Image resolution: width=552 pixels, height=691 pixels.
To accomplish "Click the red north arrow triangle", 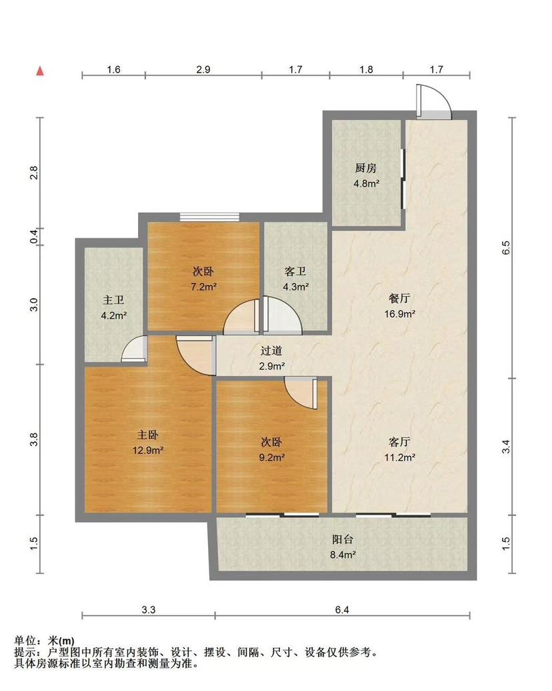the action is (x=40, y=71).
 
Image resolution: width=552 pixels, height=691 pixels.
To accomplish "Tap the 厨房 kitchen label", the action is (x=366, y=168).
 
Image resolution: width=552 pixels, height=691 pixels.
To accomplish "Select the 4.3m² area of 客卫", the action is (x=295, y=287).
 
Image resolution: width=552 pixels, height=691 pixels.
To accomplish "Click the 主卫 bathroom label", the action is (x=113, y=300).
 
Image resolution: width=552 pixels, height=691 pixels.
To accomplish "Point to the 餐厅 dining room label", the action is (x=399, y=298).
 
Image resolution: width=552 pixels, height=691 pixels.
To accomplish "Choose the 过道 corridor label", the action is (x=271, y=351).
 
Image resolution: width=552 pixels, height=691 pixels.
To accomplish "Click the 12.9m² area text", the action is (x=148, y=451).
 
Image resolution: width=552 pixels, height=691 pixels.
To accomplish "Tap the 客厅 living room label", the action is (x=400, y=441).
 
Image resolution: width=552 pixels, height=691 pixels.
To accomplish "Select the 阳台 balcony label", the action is (x=343, y=539).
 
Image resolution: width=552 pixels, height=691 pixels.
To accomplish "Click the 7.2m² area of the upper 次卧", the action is (x=203, y=287).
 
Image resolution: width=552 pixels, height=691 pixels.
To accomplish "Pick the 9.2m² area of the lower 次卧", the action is (x=272, y=457).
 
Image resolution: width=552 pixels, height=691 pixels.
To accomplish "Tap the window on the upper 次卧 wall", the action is (x=209, y=217).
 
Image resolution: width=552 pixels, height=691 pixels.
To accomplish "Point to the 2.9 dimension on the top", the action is (x=203, y=69).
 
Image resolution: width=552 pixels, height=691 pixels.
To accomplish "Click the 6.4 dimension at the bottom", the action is (x=342, y=610).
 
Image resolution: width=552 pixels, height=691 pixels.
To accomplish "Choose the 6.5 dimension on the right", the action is (x=506, y=247).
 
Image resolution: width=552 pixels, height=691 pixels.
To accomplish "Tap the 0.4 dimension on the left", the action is (x=34, y=237).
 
